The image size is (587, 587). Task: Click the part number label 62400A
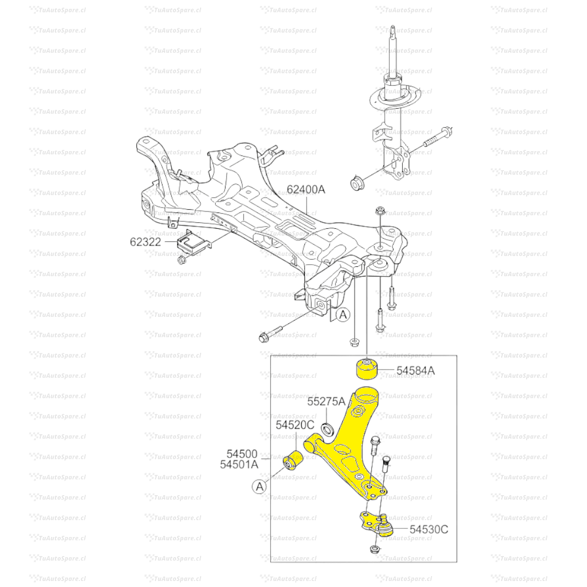click(x=305, y=190)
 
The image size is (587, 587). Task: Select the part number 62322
click(x=145, y=241)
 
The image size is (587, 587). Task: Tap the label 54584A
click(x=415, y=370)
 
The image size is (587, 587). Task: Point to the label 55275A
click(x=326, y=402)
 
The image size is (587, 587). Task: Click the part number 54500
click(x=242, y=454)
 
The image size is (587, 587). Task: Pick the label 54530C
click(x=429, y=528)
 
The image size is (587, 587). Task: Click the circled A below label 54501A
click(x=260, y=486)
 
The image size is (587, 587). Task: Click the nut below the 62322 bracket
click(x=182, y=259)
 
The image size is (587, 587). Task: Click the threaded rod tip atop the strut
click(x=392, y=32)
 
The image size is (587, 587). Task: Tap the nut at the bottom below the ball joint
click(x=374, y=549)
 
